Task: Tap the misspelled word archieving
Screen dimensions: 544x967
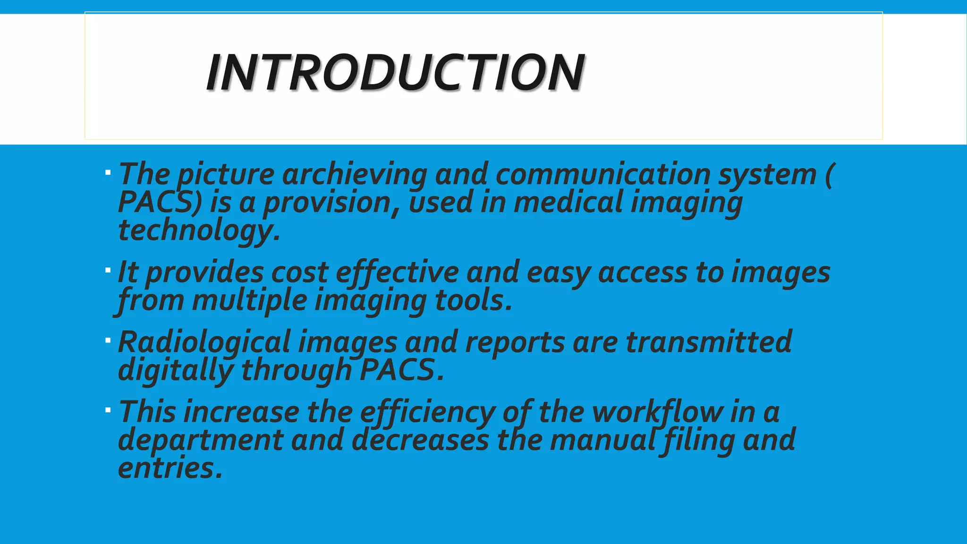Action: pyautogui.click(x=355, y=174)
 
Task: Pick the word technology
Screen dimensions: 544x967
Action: pyautogui.click(x=198, y=230)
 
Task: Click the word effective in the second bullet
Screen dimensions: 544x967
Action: pyautogui.click(x=397, y=272)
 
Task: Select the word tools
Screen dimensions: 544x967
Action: pyautogui.click(x=473, y=301)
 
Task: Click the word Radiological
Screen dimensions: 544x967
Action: pyautogui.click(x=204, y=342)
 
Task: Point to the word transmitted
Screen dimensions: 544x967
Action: pyautogui.click(x=708, y=342)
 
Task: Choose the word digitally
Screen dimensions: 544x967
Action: pyautogui.click(x=175, y=370)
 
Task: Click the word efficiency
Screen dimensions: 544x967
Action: pyautogui.click(x=427, y=412)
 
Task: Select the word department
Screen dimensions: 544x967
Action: pyautogui.click(x=200, y=440)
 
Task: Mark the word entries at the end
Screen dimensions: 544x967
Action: pyautogui.click(x=170, y=468)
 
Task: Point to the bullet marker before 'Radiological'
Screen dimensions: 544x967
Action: pyautogui.click(x=108, y=340)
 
